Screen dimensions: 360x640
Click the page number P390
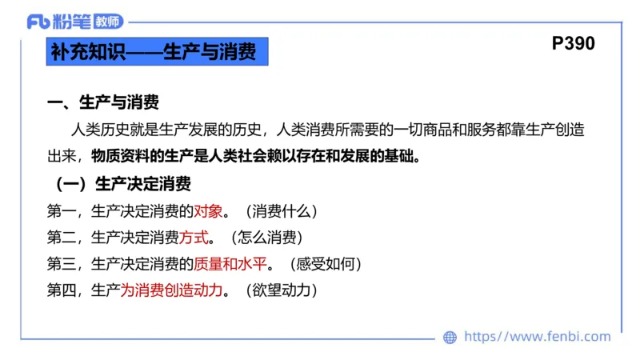[573, 44]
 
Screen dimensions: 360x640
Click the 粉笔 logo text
[72, 22]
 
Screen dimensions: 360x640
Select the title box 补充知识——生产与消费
[154, 53]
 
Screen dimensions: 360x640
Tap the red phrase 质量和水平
[230, 263]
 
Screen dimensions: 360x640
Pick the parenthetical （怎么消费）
[265, 238]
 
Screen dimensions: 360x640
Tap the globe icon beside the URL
[450, 338]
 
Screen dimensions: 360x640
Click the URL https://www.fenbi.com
[538, 337]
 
